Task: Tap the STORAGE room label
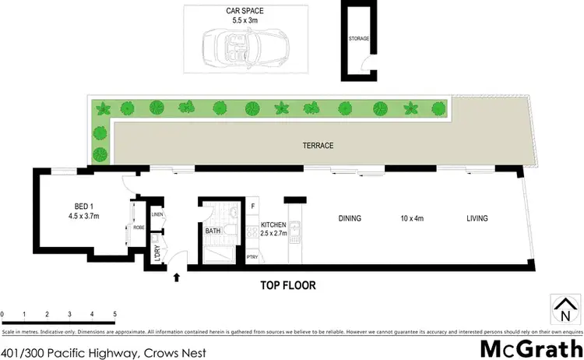(358, 38)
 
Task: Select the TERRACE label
(318, 146)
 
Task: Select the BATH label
(213, 231)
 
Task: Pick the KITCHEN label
(273, 225)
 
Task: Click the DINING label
(350, 219)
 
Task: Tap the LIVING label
(477, 219)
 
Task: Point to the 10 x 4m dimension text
(412, 219)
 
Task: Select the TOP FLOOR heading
(288, 286)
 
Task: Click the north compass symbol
(565, 309)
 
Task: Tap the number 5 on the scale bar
(115, 314)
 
